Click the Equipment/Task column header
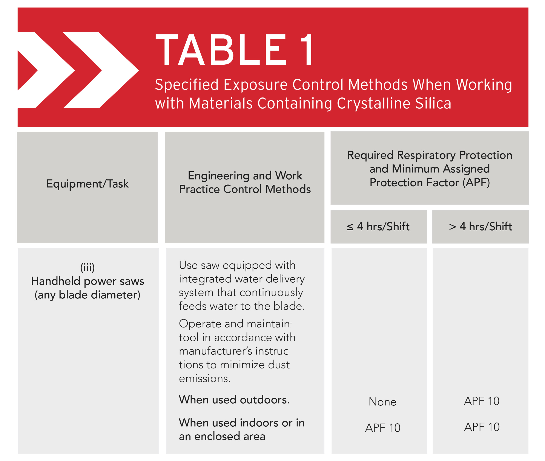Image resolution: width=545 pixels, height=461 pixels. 87,184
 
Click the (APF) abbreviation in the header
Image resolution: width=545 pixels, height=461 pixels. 476,183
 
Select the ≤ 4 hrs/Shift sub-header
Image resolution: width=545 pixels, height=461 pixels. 378,227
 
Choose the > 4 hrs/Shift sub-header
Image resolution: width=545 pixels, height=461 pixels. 480,227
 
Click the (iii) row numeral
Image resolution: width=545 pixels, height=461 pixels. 87,267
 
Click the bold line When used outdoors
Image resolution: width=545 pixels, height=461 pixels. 234,400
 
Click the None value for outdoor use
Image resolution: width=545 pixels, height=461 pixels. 382,402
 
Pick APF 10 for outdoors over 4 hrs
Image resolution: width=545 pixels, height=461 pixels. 482,401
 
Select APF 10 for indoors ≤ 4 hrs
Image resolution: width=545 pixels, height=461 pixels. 382,428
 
